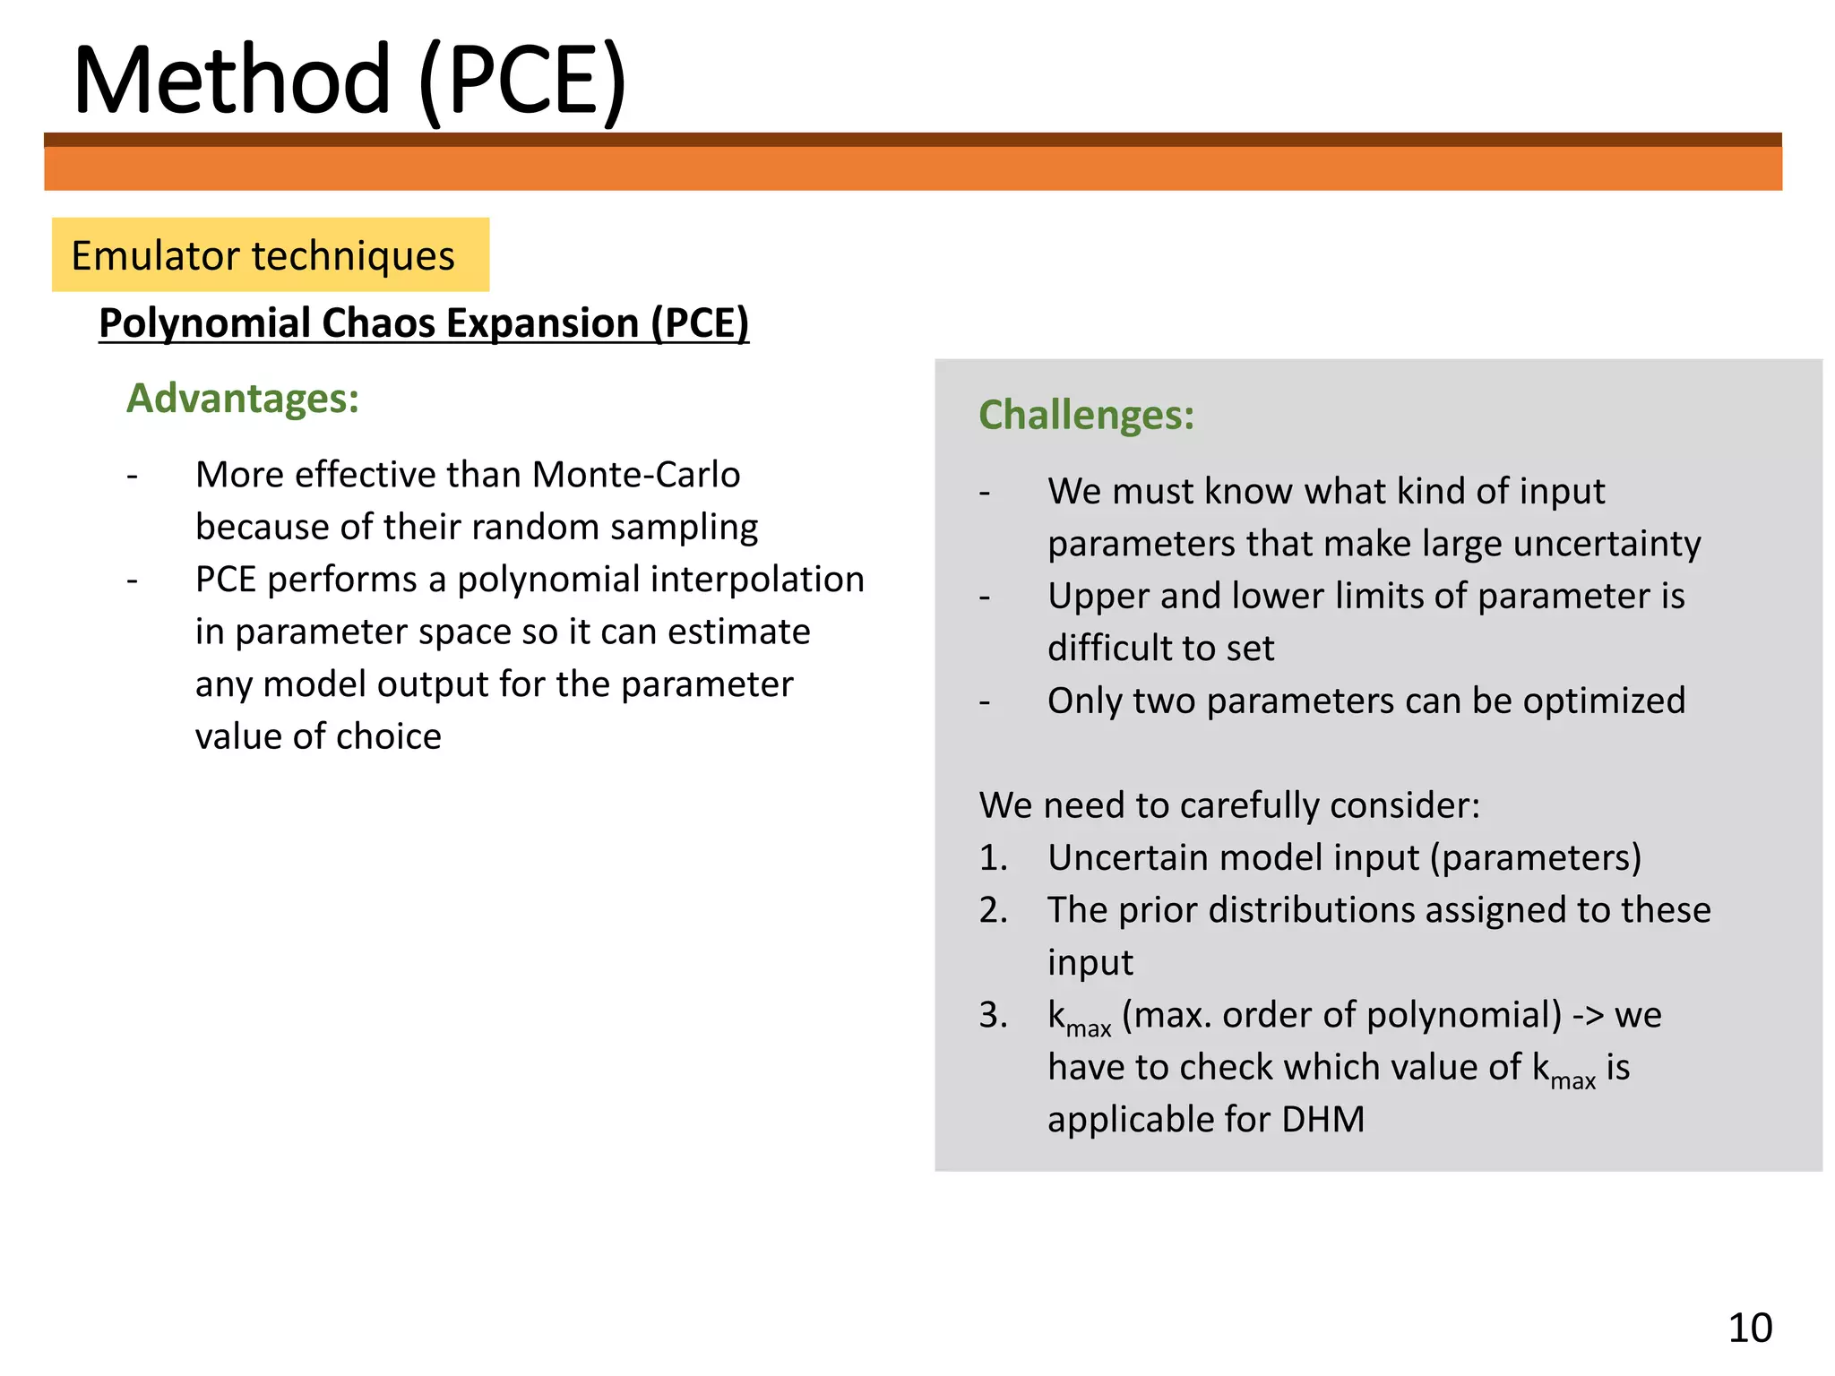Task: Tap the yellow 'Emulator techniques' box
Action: pos(270,255)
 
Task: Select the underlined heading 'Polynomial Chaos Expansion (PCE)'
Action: pos(423,323)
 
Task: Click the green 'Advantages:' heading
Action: pos(243,399)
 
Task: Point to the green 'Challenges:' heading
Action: pos(1086,416)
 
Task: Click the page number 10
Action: pos(1749,1328)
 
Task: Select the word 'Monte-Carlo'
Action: pos(635,475)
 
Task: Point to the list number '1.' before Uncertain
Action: pos(993,858)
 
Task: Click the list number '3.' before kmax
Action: pos(993,1016)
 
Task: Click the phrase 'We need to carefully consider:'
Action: pos(1229,805)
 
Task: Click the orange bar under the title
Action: pos(912,168)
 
